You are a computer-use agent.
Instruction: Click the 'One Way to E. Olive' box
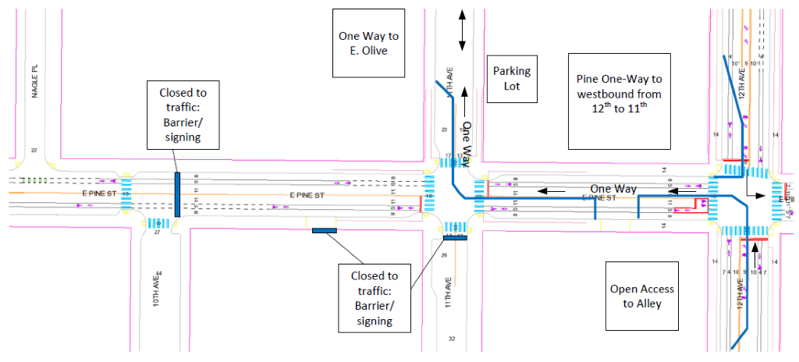(x=369, y=43)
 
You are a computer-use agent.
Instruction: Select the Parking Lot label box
(x=512, y=78)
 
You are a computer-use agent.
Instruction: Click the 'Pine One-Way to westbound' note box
(x=619, y=101)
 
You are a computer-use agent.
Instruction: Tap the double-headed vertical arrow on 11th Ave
(x=463, y=31)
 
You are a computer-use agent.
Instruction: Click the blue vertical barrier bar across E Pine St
(x=178, y=193)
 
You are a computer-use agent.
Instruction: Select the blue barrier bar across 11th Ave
(x=454, y=238)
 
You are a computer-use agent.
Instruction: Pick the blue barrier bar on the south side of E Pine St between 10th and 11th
(x=324, y=230)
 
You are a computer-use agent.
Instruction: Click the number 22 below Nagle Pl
(x=34, y=150)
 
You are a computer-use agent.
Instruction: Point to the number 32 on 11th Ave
(x=451, y=338)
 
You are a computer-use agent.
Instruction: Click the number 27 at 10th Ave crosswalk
(x=157, y=232)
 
